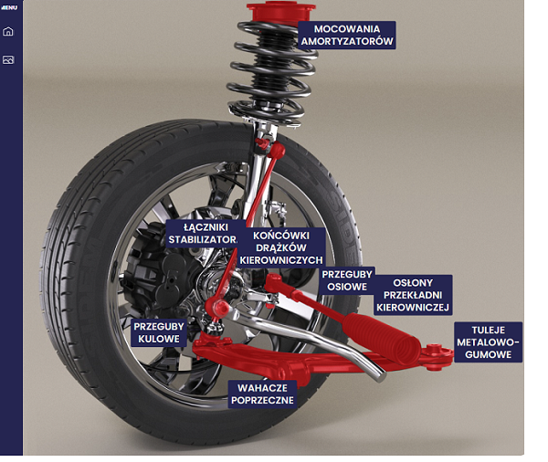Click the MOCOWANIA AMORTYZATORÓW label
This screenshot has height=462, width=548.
347,35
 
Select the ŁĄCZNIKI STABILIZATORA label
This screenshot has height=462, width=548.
203,234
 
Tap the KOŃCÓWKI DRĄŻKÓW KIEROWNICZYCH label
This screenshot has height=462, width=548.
281,247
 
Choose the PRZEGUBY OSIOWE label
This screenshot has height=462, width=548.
347,280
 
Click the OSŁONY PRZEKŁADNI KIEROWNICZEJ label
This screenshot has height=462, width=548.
413,295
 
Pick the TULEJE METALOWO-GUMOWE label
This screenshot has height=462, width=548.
489,342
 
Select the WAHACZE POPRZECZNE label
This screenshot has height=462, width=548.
262,394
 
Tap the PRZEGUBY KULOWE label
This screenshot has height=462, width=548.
159,332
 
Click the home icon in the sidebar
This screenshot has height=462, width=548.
8,31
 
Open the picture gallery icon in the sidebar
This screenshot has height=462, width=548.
8,59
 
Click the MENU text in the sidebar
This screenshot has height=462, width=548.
9,7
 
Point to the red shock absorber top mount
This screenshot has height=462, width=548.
280,13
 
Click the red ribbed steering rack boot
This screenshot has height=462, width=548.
381,337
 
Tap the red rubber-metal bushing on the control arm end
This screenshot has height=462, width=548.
437,356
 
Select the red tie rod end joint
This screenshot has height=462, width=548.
273,282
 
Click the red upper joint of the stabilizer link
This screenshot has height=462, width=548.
277,151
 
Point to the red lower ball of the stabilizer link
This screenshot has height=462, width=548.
217,308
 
